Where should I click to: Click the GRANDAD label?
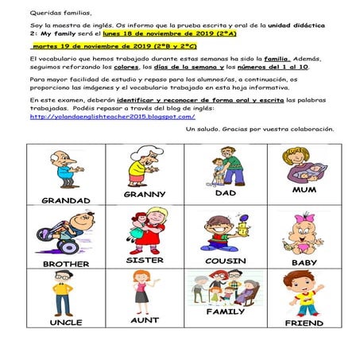[66, 200]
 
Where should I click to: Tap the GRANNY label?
[145, 194]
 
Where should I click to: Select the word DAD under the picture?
[226, 192]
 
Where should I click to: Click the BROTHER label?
[66, 264]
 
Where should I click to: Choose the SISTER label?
[145, 260]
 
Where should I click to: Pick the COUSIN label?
[226, 261]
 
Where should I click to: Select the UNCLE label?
[66, 323]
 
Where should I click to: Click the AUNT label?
[145, 320]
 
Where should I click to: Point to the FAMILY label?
[226, 312]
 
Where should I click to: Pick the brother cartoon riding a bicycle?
[66, 233]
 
